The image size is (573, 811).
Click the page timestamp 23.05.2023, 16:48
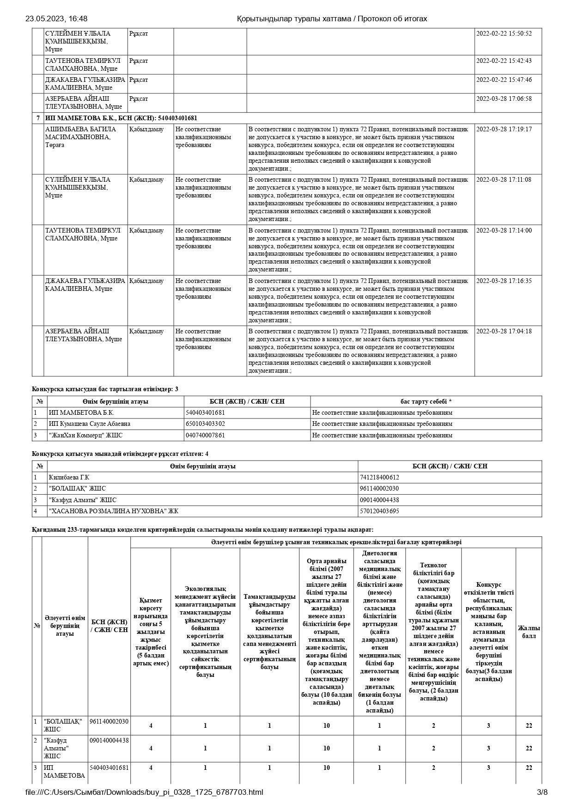(x=56, y=19)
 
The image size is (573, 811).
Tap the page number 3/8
(x=542, y=792)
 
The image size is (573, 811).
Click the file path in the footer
(x=144, y=792)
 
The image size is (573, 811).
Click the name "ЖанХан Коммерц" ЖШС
(x=85, y=435)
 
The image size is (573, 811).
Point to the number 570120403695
(x=379, y=511)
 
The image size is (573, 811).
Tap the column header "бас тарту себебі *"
(x=426, y=401)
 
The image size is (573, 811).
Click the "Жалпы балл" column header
(x=529, y=632)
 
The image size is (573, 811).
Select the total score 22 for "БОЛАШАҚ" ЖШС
(x=529, y=725)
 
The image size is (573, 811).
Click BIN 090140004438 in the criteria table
(x=109, y=740)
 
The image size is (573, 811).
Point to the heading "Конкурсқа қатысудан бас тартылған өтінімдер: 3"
(x=105, y=389)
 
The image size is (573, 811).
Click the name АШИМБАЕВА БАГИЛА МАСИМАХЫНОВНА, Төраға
(x=78, y=137)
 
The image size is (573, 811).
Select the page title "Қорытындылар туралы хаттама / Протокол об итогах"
(x=332, y=19)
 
